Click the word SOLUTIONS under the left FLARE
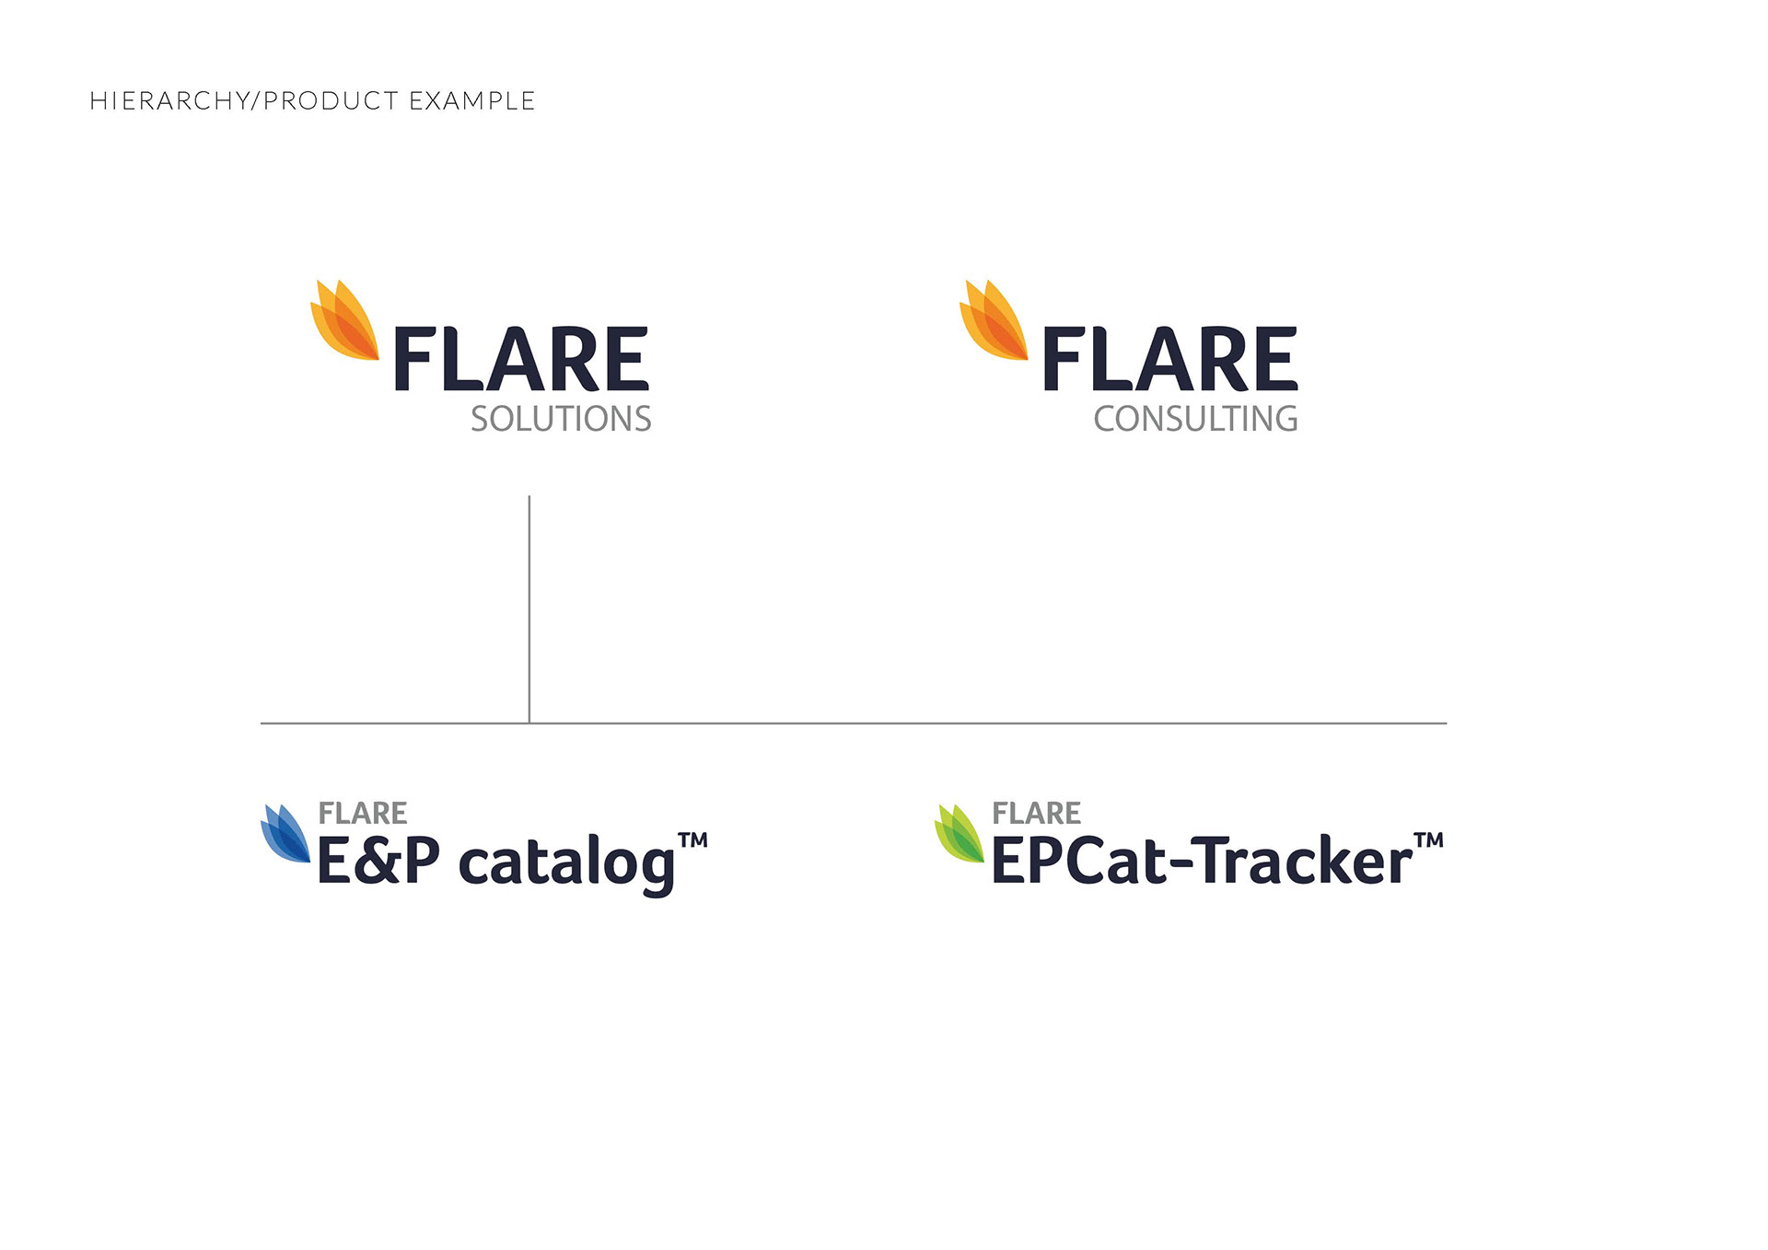coord(561,419)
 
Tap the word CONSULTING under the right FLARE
coord(1195,419)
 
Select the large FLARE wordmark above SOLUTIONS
coord(521,359)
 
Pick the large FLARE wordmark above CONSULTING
coord(1169,359)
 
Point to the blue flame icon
coord(285,834)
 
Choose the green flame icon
coord(960,834)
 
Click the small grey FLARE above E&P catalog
coord(363,813)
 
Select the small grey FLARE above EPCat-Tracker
coord(1037,813)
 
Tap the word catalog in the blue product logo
coord(566,863)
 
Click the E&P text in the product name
coord(378,861)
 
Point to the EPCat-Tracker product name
coord(1201,861)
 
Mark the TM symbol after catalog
coord(693,839)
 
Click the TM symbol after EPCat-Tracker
coord(1429,839)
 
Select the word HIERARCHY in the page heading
coord(169,100)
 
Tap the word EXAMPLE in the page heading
coord(471,100)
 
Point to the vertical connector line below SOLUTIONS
coord(529,609)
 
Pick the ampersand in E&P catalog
coord(378,861)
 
